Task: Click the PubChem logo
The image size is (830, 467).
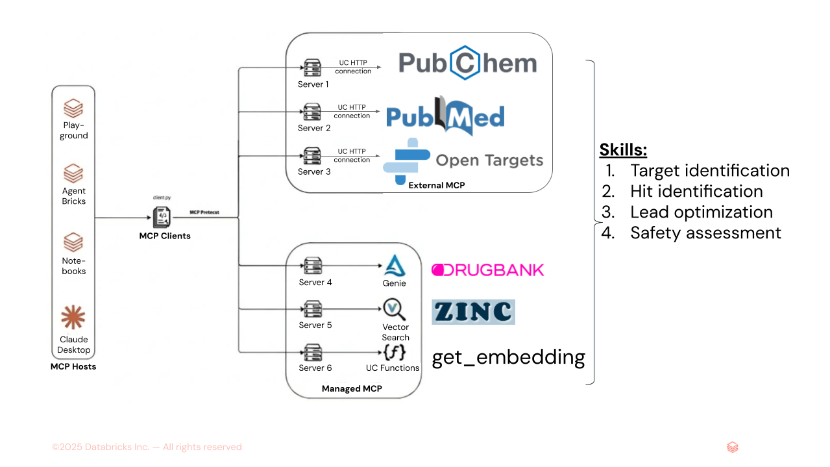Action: [467, 63]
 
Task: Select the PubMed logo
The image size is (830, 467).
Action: [445, 116]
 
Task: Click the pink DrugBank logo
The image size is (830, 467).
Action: [487, 270]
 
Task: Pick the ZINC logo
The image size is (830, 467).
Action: [473, 312]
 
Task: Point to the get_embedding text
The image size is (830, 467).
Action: [508, 357]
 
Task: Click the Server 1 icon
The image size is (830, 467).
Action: [312, 68]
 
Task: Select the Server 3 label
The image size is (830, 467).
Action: [314, 171]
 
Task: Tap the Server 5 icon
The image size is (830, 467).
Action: [313, 309]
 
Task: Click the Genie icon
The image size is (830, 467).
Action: [394, 266]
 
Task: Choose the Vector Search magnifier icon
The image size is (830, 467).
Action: [394, 308]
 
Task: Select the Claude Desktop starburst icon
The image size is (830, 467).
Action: [73, 318]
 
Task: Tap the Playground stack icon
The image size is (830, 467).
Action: [73, 108]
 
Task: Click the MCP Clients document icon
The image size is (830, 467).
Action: [161, 216]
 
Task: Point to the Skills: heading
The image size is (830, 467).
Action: [623, 150]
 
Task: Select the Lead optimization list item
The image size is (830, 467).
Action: [701, 212]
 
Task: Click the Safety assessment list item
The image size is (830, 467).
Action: [705, 233]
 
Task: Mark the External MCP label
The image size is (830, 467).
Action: [436, 185]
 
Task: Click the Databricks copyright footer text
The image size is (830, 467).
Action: [147, 447]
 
